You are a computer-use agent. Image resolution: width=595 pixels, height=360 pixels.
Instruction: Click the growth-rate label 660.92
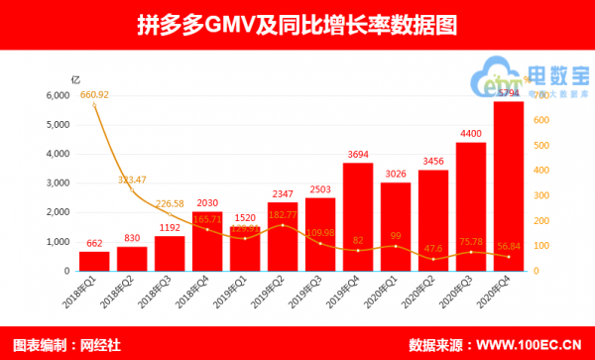point(94,94)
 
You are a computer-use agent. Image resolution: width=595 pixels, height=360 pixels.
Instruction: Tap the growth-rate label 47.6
point(433,248)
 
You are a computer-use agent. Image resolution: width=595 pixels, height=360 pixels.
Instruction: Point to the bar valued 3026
point(396,227)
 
